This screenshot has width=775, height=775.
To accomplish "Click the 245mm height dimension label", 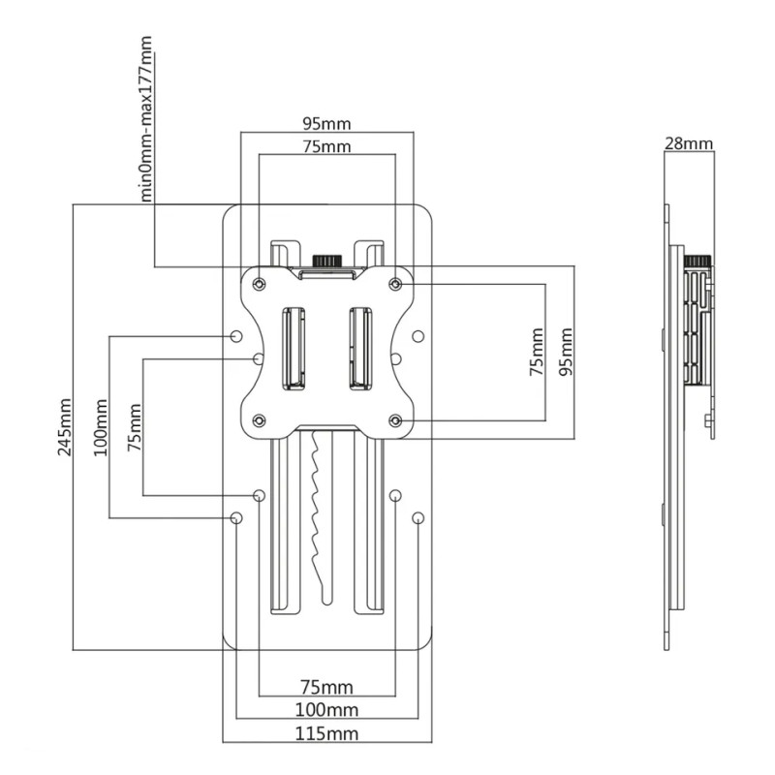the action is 65,427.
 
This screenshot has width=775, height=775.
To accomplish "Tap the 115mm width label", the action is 326,733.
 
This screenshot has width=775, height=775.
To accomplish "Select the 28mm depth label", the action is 689,143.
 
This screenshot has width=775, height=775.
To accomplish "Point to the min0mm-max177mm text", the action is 146,118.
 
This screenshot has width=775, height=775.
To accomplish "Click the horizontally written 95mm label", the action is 326,124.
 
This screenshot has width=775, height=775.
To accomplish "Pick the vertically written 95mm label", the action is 566,352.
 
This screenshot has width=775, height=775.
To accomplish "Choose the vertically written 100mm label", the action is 101,427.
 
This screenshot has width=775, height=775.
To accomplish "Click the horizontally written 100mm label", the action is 326,710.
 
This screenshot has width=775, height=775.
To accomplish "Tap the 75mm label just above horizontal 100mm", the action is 326,687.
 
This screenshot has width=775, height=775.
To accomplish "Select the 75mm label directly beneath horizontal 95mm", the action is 326,147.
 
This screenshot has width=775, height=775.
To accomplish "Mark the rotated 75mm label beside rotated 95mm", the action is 537,352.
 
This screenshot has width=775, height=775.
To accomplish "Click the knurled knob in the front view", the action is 326,261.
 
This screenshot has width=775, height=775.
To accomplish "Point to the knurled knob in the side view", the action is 697,261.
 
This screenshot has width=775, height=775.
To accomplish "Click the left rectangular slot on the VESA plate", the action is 294,349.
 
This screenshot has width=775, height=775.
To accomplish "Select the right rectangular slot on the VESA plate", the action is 360,349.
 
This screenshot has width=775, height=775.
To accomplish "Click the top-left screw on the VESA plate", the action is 259,284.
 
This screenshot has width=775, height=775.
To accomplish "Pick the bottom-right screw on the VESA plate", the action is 395,420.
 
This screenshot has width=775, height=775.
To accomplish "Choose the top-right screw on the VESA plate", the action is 395,284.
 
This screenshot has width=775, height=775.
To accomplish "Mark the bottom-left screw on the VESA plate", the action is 259,420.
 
